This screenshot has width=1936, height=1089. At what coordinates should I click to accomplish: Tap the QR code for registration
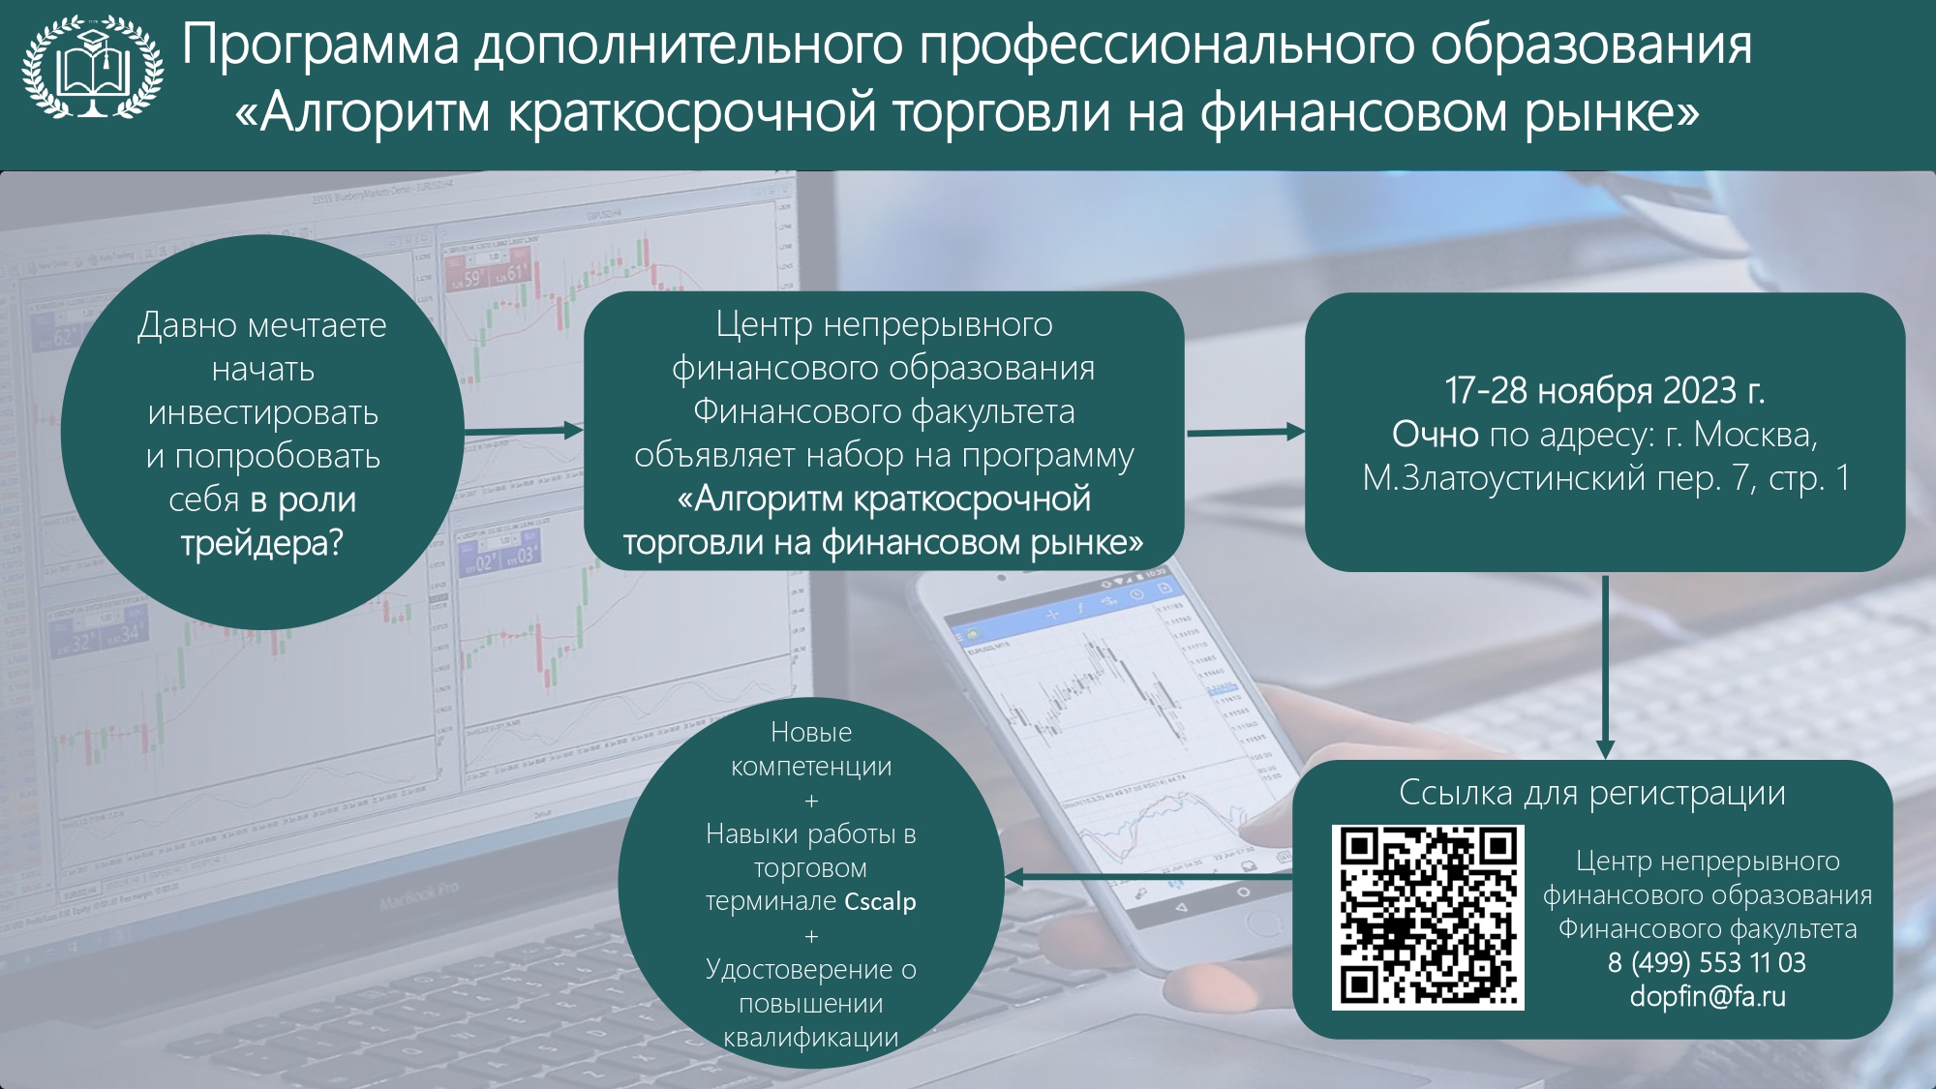click(1428, 918)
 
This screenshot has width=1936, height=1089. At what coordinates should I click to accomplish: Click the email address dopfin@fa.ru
click(1708, 996)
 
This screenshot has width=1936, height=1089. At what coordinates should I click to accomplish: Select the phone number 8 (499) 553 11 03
click(1707, 962)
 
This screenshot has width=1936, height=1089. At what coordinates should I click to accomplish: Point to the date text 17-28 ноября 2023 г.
click(1605, 390)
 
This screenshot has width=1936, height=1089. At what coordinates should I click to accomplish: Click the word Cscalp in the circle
click(880, 902)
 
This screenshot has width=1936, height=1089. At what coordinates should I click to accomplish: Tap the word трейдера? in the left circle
click(262, 543)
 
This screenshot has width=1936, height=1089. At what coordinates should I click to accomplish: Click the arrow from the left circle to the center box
click(524, 431)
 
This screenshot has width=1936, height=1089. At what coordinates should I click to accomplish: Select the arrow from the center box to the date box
click(1246, 432)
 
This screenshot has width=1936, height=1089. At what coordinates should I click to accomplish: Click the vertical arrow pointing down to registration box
click(1605, 667)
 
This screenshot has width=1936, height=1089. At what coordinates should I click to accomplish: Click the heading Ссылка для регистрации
click(1592, 793)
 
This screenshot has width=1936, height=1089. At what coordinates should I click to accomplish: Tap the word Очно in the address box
click(1435, 435)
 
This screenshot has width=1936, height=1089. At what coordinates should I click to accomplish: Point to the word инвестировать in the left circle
click(262, 413)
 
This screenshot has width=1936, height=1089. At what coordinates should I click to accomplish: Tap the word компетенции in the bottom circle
click(811, 767)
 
